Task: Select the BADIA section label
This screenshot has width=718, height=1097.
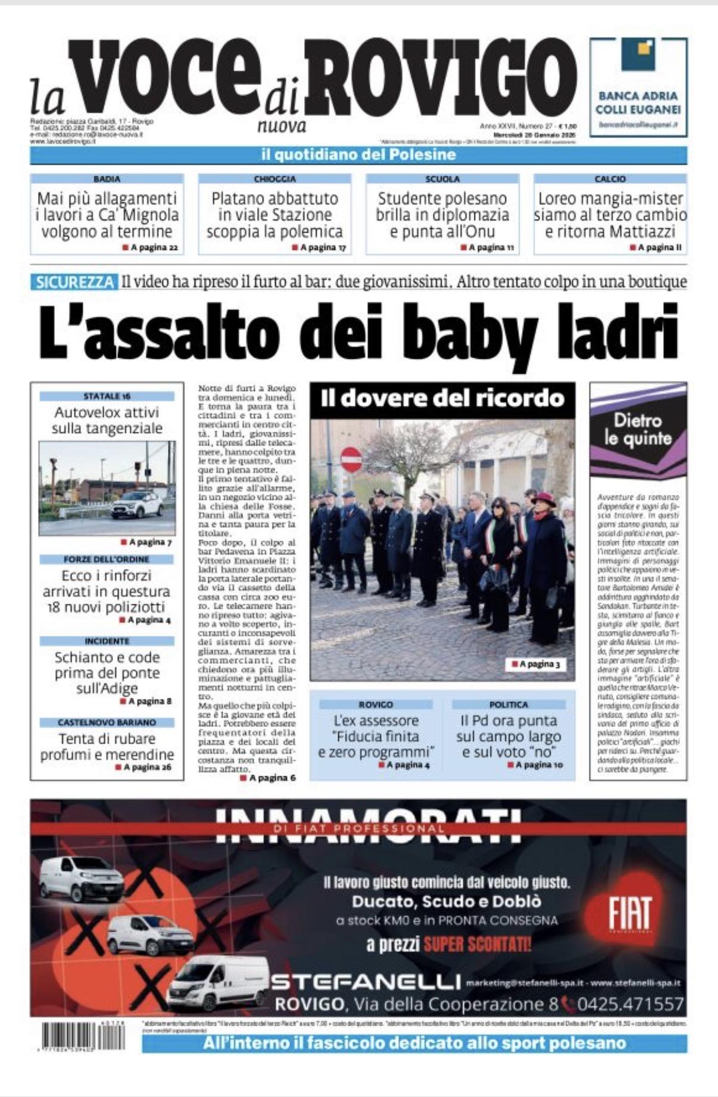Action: (107, 178)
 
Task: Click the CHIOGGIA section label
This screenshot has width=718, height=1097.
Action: (274, 178)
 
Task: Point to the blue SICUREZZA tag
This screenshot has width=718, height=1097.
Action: (74, 282)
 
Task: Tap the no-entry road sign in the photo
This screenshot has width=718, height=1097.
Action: (351, 459)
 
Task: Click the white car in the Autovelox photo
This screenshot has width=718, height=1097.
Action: (137, 504)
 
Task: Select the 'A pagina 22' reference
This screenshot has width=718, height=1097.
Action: (150, 247)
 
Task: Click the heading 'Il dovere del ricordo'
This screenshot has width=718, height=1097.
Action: (442, 398)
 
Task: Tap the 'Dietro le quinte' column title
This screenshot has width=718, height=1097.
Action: (638, 430)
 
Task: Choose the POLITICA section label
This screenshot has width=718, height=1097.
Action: (508, 704)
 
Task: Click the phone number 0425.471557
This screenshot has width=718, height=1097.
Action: (630, 1004)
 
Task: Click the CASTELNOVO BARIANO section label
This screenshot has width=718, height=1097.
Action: (107, 722)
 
